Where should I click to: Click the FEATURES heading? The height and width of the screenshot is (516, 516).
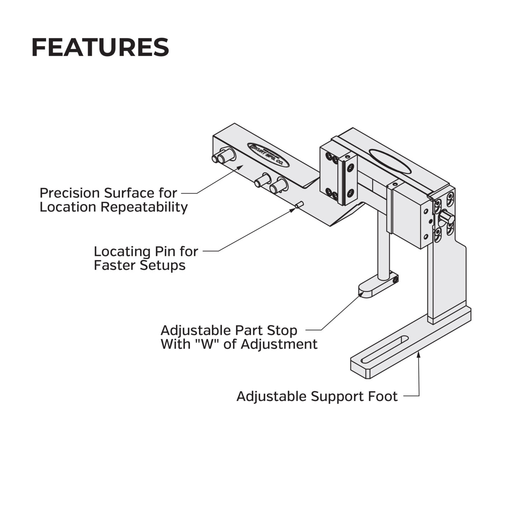(100, 47)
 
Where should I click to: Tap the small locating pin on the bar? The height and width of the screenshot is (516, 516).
(300, 205)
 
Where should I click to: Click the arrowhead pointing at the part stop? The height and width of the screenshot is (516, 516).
(361, 293)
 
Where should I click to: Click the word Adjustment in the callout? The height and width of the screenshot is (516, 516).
(279, 344)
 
